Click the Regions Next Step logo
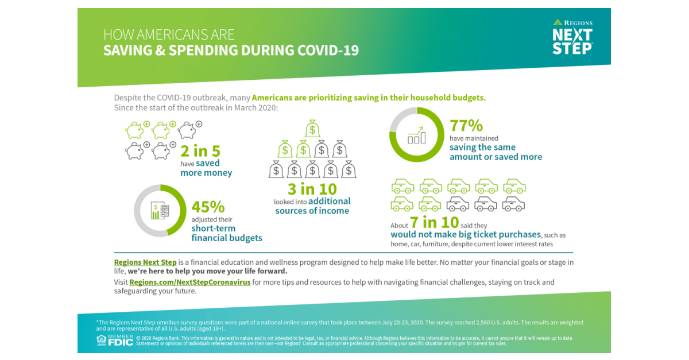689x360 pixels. tap(572, 37)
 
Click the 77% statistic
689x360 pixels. tap(466, 126)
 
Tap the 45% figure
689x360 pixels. tap(208, 207)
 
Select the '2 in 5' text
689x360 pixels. tap(200, 151)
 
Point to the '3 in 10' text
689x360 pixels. tap(312, 189)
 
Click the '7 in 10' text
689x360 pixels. tap(434, 222)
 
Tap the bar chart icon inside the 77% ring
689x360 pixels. tap(417, 136)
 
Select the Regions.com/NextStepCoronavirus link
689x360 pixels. tap(189, 282)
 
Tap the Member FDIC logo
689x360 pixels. tap(121, 340)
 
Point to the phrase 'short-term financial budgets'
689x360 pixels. tap(226, 233)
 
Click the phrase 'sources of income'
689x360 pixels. tap(312, 211)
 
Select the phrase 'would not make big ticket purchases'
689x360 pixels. tap(466, 234)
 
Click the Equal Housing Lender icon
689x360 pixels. tap(101, 340)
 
